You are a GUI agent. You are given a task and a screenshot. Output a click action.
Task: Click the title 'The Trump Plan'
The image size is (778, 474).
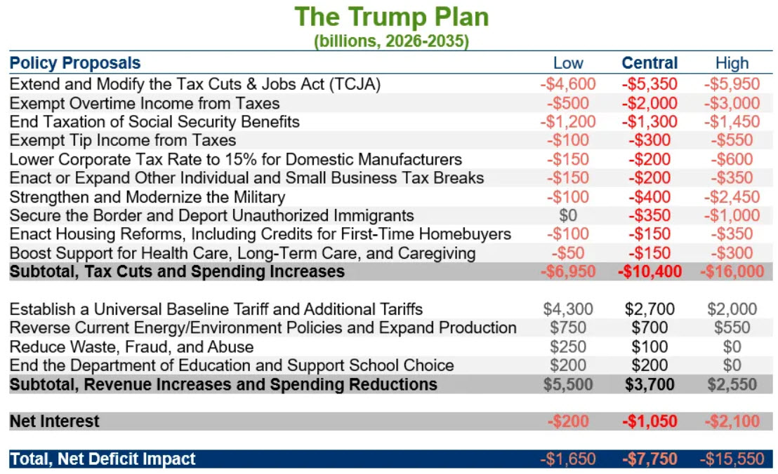pos(392,17)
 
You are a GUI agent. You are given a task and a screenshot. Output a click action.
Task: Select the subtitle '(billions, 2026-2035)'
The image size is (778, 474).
pos(392,41)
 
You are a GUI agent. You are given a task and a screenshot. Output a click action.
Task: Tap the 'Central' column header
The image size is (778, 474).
pos(650,63)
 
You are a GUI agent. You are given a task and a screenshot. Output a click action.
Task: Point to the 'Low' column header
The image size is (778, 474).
pos(568,63)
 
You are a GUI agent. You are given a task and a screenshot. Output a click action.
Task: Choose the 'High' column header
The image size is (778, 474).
pos(732,63)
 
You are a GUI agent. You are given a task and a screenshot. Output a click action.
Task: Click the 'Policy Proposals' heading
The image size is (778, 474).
pos(75,63)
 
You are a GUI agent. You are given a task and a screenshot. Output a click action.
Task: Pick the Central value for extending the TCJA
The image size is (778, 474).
pos(650,83)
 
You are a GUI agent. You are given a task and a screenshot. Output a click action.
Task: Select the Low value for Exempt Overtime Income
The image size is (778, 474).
pos(568,103)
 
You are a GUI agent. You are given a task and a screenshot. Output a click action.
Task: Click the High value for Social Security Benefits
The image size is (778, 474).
pos(732,121)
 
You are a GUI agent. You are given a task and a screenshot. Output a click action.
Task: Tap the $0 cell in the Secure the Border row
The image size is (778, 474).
pos(568,215)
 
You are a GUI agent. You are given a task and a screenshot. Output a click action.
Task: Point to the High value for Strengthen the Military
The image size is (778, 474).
pos(732,196)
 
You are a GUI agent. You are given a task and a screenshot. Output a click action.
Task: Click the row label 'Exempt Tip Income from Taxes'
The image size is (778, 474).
pos(123,140)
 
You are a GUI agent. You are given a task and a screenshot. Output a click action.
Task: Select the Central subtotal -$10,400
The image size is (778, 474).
pos(650,271)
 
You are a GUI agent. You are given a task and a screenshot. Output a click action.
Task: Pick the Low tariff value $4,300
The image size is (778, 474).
pos(568,309)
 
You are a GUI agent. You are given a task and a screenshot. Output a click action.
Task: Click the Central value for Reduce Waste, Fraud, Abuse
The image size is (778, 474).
pos(650,346)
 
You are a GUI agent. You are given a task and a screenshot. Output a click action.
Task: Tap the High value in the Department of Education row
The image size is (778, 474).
pos(732,365)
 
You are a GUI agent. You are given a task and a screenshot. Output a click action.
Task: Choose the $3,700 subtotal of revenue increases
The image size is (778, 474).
pos(650,384)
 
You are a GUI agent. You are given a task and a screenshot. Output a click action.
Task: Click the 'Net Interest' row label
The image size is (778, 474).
pos(55,421)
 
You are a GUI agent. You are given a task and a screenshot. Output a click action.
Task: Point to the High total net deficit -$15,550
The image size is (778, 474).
pos(732,459)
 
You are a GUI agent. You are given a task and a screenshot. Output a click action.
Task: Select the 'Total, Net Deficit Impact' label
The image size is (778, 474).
pos(103,459)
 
